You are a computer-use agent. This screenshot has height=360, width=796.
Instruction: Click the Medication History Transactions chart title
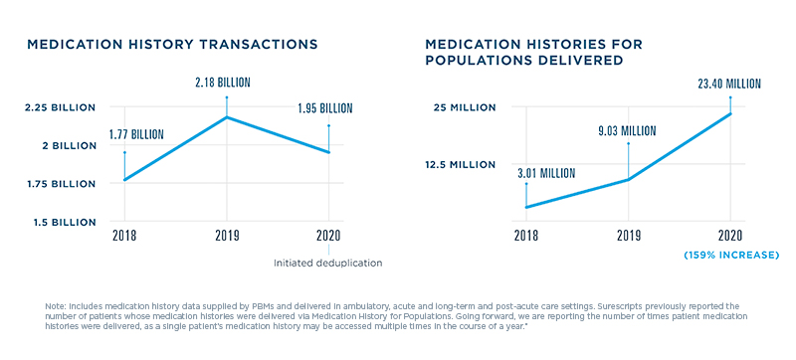tap(171, 45)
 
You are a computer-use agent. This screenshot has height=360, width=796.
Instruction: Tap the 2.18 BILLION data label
tap(227, 85)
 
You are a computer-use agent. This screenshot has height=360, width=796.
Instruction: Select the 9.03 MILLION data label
tap(627, 130)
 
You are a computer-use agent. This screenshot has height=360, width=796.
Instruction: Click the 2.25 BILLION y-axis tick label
tap(60, 107)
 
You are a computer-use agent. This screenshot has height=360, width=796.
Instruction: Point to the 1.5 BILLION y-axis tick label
tap(62, 222)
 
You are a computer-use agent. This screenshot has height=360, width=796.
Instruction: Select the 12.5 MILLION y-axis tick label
tap(460, 165)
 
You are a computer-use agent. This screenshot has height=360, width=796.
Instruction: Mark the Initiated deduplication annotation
tap(327, 263)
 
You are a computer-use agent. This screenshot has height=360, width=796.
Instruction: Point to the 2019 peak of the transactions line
tap(227, 117)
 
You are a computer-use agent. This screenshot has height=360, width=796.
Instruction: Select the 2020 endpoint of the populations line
tap(730, 113)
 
